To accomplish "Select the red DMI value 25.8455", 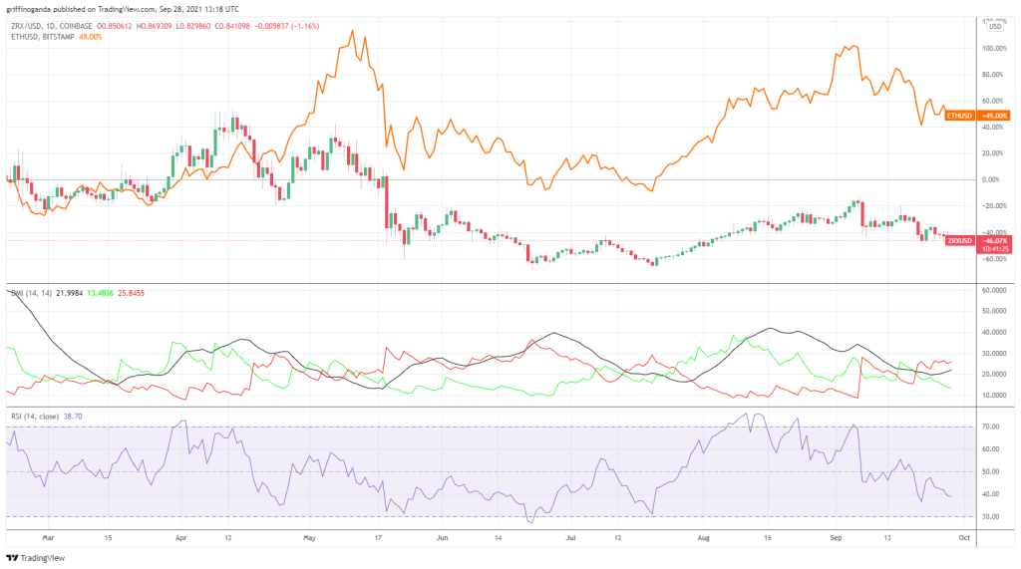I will tap(131, 293).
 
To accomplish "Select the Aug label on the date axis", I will tap(704, 536).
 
